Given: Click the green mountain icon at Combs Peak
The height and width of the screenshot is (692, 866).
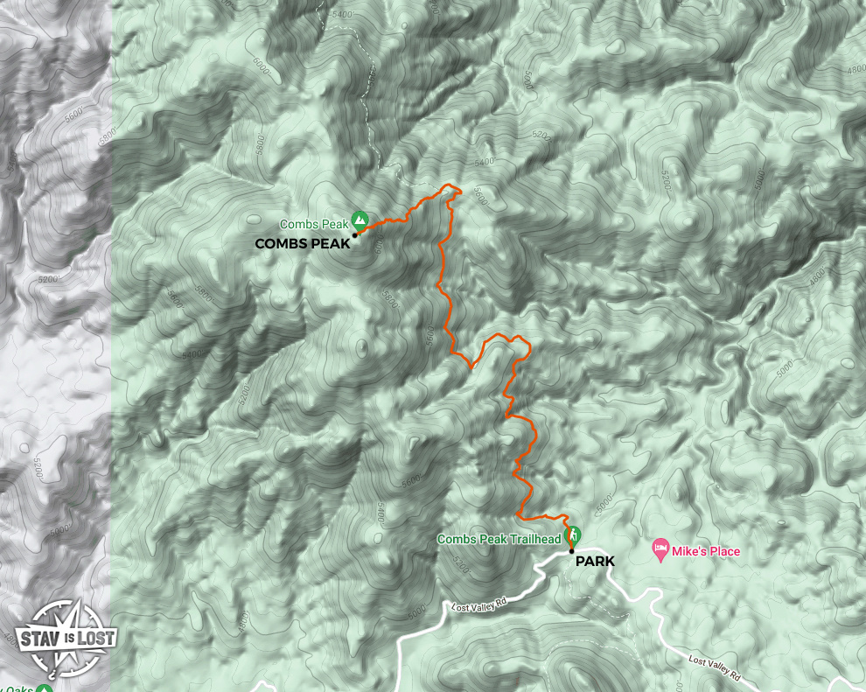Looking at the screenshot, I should [359, 219].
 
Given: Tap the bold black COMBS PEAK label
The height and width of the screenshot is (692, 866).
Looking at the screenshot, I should [302, 244].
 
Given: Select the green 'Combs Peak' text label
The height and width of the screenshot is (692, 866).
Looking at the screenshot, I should [314, 225].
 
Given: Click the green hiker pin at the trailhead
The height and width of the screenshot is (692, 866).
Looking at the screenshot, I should [574, 533].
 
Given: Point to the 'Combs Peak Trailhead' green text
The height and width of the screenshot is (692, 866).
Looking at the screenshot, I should [499, 540].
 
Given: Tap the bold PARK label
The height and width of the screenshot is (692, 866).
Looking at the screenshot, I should [595, 562].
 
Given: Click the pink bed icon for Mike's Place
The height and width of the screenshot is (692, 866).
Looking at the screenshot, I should [660, 549].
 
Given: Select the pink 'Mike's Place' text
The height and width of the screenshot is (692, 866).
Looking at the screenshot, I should [706, 551].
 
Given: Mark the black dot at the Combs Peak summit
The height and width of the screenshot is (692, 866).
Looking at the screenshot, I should [355, 234].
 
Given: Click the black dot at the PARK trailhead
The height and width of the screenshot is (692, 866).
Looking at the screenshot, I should [571, 551].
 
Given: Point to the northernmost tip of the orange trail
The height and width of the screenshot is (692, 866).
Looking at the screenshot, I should [450, 185].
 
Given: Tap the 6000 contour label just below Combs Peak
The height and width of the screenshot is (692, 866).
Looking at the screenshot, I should [377, 248].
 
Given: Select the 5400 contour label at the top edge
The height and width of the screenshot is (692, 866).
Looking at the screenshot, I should [342, 14].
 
